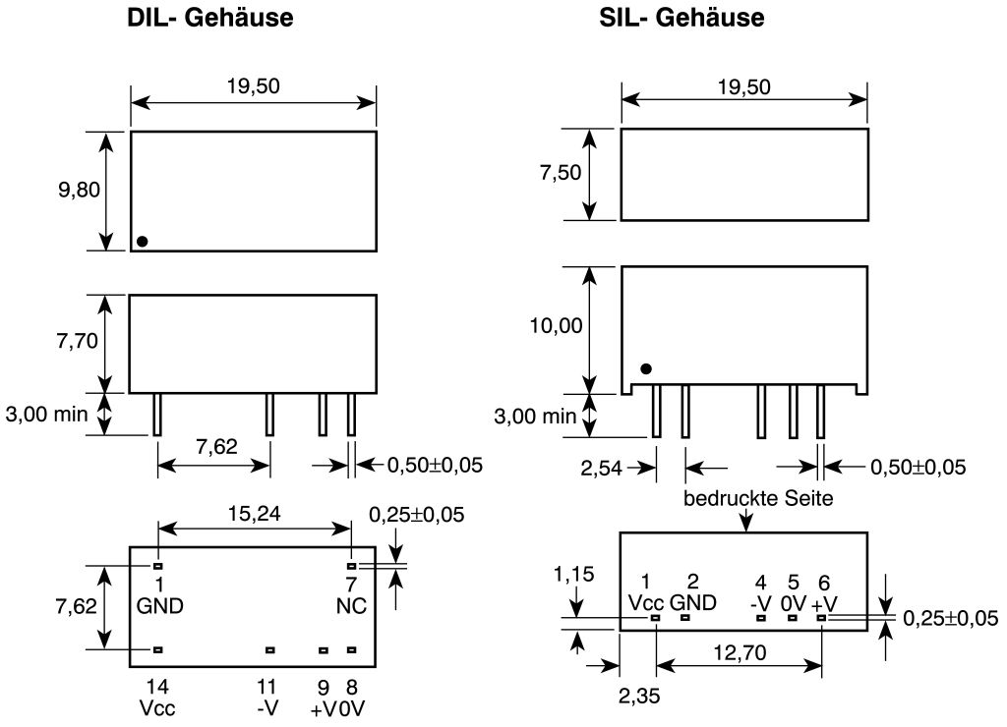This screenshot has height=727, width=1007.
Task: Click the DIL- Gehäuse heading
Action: tap(210, 18)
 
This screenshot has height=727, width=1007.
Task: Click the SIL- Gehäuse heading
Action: tap(681, 18)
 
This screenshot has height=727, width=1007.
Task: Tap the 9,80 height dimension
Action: tap(79, 190)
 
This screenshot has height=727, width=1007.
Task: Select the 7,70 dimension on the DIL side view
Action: tap(77, 341)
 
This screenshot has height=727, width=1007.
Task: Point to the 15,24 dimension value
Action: tap(255, 514)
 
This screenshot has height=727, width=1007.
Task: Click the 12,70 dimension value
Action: tap(740, 652)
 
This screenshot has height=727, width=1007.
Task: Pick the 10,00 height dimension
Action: tap(556, 326)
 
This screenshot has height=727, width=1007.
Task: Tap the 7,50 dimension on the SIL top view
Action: tap(560, 172)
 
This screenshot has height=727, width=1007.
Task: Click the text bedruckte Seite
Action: tap(758, 498)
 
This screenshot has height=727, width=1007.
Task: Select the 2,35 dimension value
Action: tap(639, 696)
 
